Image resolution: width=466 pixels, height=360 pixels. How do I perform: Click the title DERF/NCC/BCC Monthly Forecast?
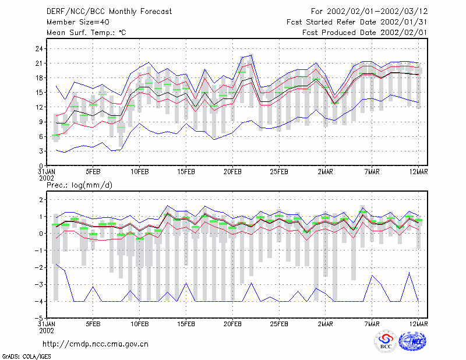click(109, 12)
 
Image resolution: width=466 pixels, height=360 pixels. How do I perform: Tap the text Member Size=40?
click(78, 22)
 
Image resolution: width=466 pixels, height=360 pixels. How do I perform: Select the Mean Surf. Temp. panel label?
click(86, 33)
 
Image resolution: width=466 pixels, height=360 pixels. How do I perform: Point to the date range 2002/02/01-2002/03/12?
click(377, 12)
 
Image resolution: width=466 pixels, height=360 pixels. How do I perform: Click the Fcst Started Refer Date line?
click(356, 22)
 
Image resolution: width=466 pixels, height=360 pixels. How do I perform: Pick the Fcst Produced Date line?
click(365, 33)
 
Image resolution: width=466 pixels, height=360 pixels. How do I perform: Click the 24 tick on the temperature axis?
click(39, 49)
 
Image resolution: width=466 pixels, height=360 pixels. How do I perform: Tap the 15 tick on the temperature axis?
click(39, 93)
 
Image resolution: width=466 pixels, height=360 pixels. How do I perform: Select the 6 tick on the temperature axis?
click(41, 136)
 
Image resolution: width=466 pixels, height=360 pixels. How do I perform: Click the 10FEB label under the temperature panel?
click(140, 172)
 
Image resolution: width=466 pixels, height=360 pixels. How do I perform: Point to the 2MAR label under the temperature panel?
click(326, 172)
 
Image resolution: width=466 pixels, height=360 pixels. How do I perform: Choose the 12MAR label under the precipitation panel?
click(418, 324)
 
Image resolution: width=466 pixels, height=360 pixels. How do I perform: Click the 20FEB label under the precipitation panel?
click(232, 324)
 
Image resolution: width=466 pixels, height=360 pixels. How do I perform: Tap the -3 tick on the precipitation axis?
click(39, 284)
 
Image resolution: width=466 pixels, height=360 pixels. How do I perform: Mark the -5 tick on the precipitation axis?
click(39, 319)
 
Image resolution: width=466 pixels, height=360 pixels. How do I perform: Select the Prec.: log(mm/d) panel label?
click(79, 185)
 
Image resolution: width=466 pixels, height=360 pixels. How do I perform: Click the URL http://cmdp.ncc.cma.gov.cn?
click(96, 344)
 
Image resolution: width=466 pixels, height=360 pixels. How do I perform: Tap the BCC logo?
click(386, 341)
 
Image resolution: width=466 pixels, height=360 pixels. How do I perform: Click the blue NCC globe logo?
click(412, 341)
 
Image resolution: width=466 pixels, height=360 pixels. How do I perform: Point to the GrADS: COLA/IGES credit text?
click(26, 357)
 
